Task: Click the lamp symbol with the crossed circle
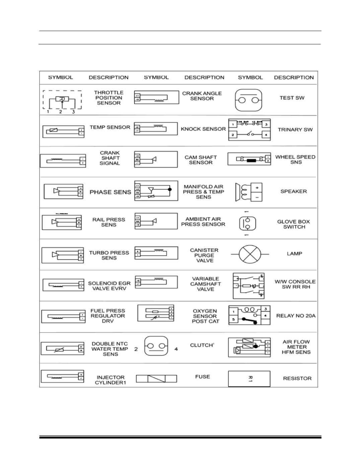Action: pyautogui.click(x=249, y=254)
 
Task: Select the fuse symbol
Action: pyautogui.click(x=156, y=379)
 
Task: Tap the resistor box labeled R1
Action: pyautogui.click(x=249, y=379)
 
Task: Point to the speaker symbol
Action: pyautogui.click(x=248, y=192)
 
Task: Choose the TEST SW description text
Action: pyautogui.click(x=292, y=98)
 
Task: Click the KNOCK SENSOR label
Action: pyautogui.click(x=203, y=129)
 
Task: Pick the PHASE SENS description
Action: pyautogui.click(x=110, y=192)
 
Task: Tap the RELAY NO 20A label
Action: pyautogui.click(x=296, y=316)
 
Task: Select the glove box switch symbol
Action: pyautogui.click(x=247, y=224)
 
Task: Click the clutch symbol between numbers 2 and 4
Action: pyautogui.click(x=156, y=346)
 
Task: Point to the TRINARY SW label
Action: pyautogui.click(x=295, y=130)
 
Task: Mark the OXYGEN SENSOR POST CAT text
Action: pyautogui.click(x=205, y=316)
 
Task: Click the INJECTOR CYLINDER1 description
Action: pyautogui.click(x=110, y=380)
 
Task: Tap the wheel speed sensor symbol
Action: pyautogui.click(x=249, y=159)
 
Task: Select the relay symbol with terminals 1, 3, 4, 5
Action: pyautogui.click(x=249, y=315)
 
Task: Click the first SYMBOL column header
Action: pyautogui.click(x=60, y=77)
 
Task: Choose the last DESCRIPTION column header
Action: pyautogui.click(x=294, y=77)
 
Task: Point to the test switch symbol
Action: pyautogui.click(x=248, y=100)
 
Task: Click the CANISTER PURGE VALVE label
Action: pyautogui.click(x=204, y=255)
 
